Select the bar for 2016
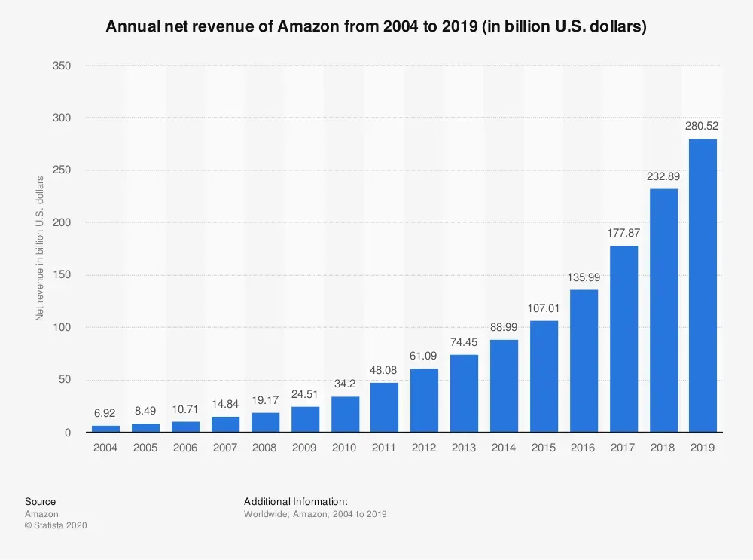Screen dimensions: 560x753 click(x=584, y=361)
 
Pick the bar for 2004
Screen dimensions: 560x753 click(x=105, y=428)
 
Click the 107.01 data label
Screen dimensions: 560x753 click(x=544, y=308)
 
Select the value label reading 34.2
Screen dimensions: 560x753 click(x=345, y=384)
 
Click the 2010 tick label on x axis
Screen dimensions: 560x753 click(x=345, y=448)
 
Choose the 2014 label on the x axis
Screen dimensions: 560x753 click(x=505, y=448)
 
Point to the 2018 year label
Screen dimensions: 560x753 click(x=663, y=448)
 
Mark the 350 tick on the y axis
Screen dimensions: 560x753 click(x=62, y=66)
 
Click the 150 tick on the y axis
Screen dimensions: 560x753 click(x=62, y=275)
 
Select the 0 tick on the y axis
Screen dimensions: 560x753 click(x=68, y=433)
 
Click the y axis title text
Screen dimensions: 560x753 click(x=40, y=249)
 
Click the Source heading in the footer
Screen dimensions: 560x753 click(x=40, y=502)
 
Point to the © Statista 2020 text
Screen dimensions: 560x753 click(x=56, y=525)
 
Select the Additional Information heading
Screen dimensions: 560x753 click(x=295, y=502)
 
